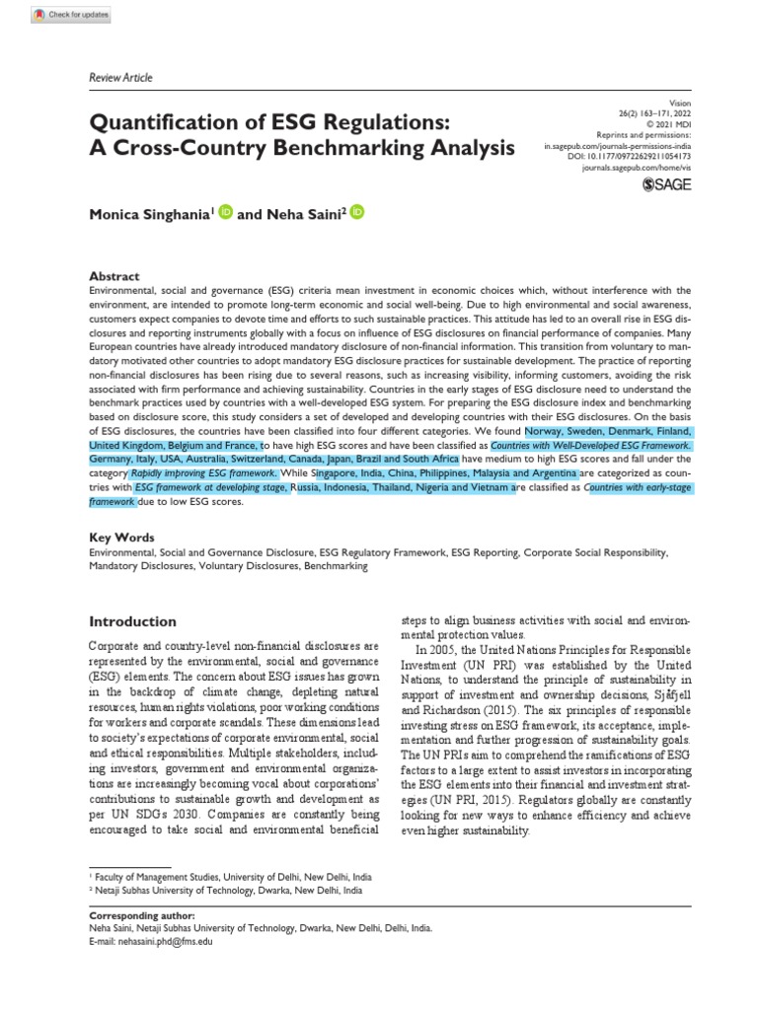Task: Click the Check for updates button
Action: point(71,15)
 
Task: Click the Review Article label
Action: point(120,78)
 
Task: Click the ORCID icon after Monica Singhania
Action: point(225,211)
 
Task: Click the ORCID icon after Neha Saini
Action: point(356,211)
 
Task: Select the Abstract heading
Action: point(114,276)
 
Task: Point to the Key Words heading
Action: point(121,538)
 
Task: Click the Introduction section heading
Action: point(133,622)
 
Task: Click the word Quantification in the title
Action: point(168,123)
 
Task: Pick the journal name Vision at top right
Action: point(680,103)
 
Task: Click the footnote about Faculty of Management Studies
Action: point(231,876)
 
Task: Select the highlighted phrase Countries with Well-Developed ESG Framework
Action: point(591,446)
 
